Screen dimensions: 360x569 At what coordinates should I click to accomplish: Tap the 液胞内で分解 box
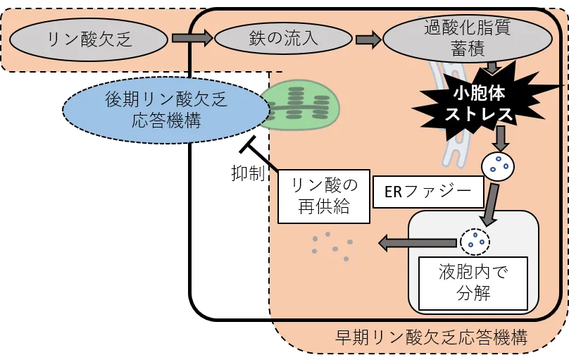tap(473, 283)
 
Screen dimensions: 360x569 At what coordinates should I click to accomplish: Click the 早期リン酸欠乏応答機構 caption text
tap(431, 337)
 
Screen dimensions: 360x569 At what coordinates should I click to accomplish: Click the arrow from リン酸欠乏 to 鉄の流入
tap(192, 38)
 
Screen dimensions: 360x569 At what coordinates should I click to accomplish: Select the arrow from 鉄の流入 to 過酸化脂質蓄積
tap(368, 38)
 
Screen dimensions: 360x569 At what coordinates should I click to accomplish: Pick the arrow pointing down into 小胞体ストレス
tap(492, 68)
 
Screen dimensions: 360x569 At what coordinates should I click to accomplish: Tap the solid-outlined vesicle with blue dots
tap(498, 166)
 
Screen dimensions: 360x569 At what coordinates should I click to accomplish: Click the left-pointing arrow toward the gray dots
tap(407, 244)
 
